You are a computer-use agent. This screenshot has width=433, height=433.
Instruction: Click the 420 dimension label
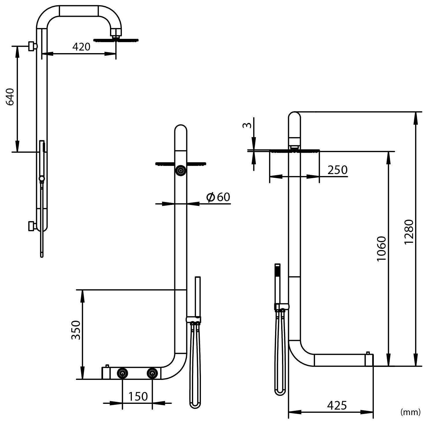tap(81, 47)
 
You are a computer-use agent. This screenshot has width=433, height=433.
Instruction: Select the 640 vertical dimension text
tap(10, 97)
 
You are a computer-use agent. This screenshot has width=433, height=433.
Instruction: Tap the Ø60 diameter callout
tap(218, 197)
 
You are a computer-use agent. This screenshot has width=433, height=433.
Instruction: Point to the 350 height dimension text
tap(76, 330)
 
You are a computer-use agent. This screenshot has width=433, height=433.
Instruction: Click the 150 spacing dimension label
tap(138, 396)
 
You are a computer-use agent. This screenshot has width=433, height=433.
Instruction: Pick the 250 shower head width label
tap(337, 170)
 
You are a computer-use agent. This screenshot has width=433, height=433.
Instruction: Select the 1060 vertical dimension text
tap(381, 249)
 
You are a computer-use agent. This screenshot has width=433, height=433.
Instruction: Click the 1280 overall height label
tap(409, 232)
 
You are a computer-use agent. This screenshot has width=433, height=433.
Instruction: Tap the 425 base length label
tap(337, 406)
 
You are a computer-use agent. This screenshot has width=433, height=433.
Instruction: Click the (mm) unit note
tap(410, 412)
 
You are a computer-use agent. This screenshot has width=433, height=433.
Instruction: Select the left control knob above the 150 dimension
tap(122, 373)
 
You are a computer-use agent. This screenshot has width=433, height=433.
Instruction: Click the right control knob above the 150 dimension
tap(152, 373)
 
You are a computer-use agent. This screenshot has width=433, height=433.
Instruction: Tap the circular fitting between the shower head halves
tap(181, 170)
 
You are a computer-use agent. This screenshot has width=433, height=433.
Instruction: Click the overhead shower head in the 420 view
tap(116, 40)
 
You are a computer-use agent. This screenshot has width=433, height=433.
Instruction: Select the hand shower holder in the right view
tap(281, 307)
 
